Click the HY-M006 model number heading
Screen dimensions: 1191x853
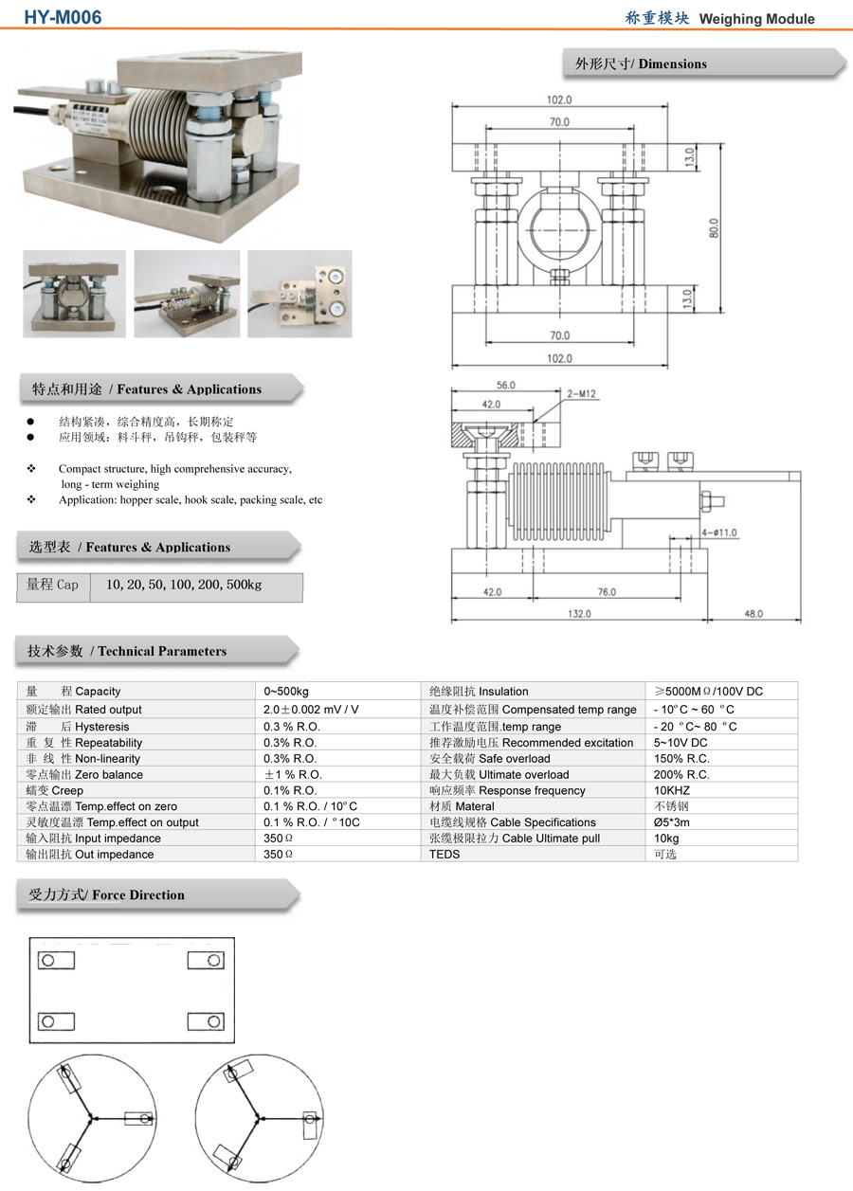(x=63, y=18)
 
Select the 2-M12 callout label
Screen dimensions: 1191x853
(x=582, y=393)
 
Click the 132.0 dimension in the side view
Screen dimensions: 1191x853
(x=579, y=614)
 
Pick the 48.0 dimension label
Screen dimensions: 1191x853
(x=753, y=614)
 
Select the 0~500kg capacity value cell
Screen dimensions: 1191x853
(x=286, y=692)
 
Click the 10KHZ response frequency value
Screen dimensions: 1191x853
(x=672, y=790)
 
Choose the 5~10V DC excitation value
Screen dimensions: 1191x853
(x=681, y=743)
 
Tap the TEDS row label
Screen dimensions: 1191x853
(x=445, y=855)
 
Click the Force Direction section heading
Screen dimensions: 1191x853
(x=107, y=895)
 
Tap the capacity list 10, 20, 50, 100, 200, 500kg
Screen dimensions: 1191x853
(x=184, y=586)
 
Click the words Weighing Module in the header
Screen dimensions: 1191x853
(x=756, y=19)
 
